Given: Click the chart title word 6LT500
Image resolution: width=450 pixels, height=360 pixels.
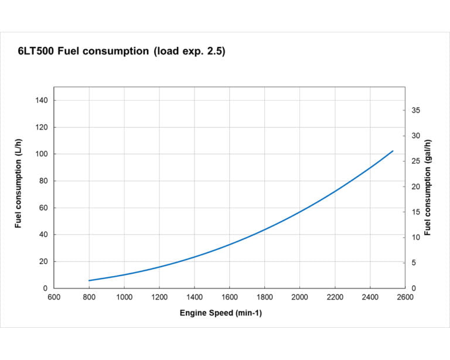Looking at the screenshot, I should pos(36,52).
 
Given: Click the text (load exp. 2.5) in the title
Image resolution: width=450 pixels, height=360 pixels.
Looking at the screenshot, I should pos(189,52).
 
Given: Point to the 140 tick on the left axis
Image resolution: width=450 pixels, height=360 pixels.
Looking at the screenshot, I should pos(42,100).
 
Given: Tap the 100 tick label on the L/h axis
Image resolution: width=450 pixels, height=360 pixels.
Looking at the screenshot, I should pos(42,154).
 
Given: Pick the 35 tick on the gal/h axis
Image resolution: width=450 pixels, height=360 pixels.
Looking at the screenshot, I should pos(415,111).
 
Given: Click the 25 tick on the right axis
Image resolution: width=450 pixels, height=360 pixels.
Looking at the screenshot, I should pos(415,161).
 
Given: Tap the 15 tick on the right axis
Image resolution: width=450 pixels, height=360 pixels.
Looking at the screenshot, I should pos(415,212).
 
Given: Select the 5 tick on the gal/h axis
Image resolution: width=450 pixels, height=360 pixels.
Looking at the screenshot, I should pos(414,263).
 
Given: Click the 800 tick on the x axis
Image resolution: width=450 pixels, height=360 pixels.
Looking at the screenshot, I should pos(89,297).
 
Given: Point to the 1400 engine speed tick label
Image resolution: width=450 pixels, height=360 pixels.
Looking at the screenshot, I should pos(195,297).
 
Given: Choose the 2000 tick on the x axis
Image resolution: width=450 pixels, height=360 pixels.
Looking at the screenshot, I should pos(299,297).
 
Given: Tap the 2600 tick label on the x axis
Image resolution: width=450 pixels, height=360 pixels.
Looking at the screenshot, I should pos(405,297).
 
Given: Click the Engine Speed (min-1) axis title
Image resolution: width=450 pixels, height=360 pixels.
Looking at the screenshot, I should pos(221,313).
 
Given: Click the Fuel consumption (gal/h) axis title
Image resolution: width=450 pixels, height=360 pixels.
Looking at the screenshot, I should pos(428,188).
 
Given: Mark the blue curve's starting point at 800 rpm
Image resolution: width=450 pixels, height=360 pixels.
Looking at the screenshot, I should pos(89,280).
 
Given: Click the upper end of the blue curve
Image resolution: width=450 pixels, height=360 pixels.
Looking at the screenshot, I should pos(393,151).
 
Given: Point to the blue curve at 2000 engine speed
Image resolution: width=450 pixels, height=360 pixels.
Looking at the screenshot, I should pos(299,212).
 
